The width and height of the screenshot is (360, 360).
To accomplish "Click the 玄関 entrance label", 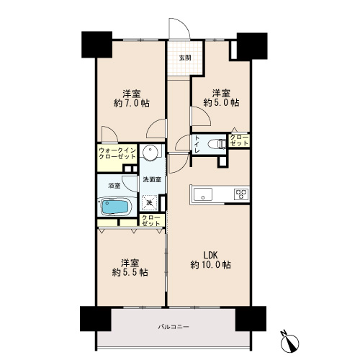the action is click(x=185, y=58).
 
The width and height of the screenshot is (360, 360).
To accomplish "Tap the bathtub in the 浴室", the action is click(x=115, y=207).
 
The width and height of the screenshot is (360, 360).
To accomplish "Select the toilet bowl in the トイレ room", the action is click(x=217, y=144).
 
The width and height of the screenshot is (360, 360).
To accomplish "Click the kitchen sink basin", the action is click(x=203, y=194).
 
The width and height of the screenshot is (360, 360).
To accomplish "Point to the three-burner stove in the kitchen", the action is click(x=241, y=194).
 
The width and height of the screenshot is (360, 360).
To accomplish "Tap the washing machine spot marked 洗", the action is click(x=150, y=202).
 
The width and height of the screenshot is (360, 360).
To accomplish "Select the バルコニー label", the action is click(x=174, y=327).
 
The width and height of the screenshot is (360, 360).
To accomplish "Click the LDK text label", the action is click(x=210, y=254).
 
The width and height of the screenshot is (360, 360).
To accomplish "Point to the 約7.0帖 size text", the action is click(x=132, y=104).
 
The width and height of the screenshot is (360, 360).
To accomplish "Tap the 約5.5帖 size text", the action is click(x=130, y=273).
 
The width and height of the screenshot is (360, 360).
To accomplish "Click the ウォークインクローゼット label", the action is click(x=117, y=153).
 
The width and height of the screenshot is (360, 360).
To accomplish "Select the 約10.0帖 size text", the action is click(x=211, y=265).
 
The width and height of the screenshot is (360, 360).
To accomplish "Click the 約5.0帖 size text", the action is click(x=221, y=103).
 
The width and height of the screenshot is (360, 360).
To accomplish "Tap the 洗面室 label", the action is click(x=152, y=179).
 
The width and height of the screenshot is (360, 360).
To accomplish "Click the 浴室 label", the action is click(x=114, y=186).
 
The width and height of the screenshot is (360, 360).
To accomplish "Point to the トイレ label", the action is click(x=197, y=145).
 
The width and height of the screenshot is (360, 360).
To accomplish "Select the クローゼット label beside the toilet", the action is click(x=239, y=140).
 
